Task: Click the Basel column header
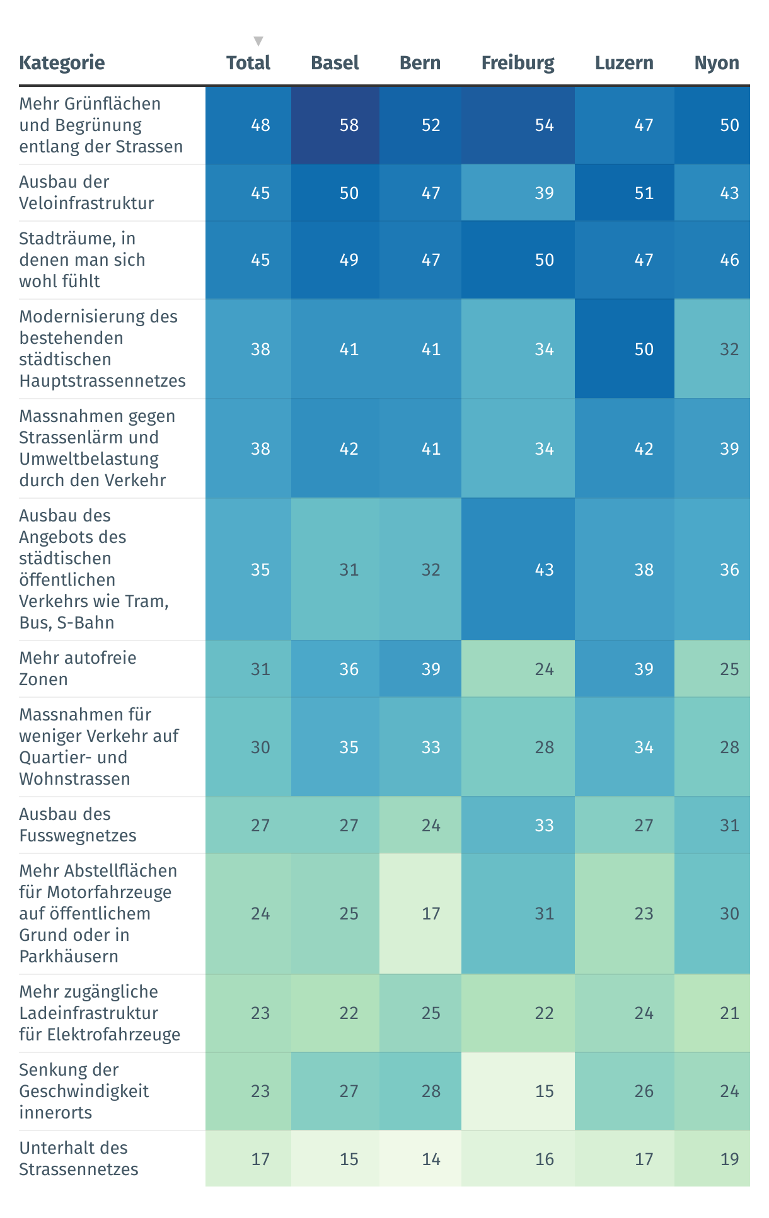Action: click(335, 63)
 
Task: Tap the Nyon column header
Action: click(717, 63)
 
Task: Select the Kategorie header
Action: click(62, 63)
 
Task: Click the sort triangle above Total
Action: click(258, 42)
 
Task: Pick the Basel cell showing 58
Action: click(349, 125)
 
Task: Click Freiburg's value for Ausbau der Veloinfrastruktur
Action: click(544, 193)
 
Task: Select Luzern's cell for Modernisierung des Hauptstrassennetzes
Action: click(644, 349)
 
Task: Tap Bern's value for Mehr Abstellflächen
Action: click(431, 913)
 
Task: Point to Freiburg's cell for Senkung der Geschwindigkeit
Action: click(544, 1091)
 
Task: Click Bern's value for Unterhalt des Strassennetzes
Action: click(431, 1159)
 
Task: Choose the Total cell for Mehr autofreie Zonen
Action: click(260, 669)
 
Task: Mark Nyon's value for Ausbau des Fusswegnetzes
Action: click(729, 825)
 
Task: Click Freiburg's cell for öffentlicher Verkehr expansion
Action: click(544, 569)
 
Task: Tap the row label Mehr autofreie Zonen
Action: click(78, 669)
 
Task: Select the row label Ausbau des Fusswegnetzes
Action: click(78, 825)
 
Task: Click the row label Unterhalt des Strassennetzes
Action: click(79, 1159)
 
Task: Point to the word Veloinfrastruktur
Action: click(87, 203)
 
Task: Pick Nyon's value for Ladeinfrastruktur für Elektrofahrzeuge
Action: click(729, 1013)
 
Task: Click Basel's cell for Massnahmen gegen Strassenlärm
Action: click(349, 448)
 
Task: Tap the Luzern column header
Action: click(624, 63)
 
